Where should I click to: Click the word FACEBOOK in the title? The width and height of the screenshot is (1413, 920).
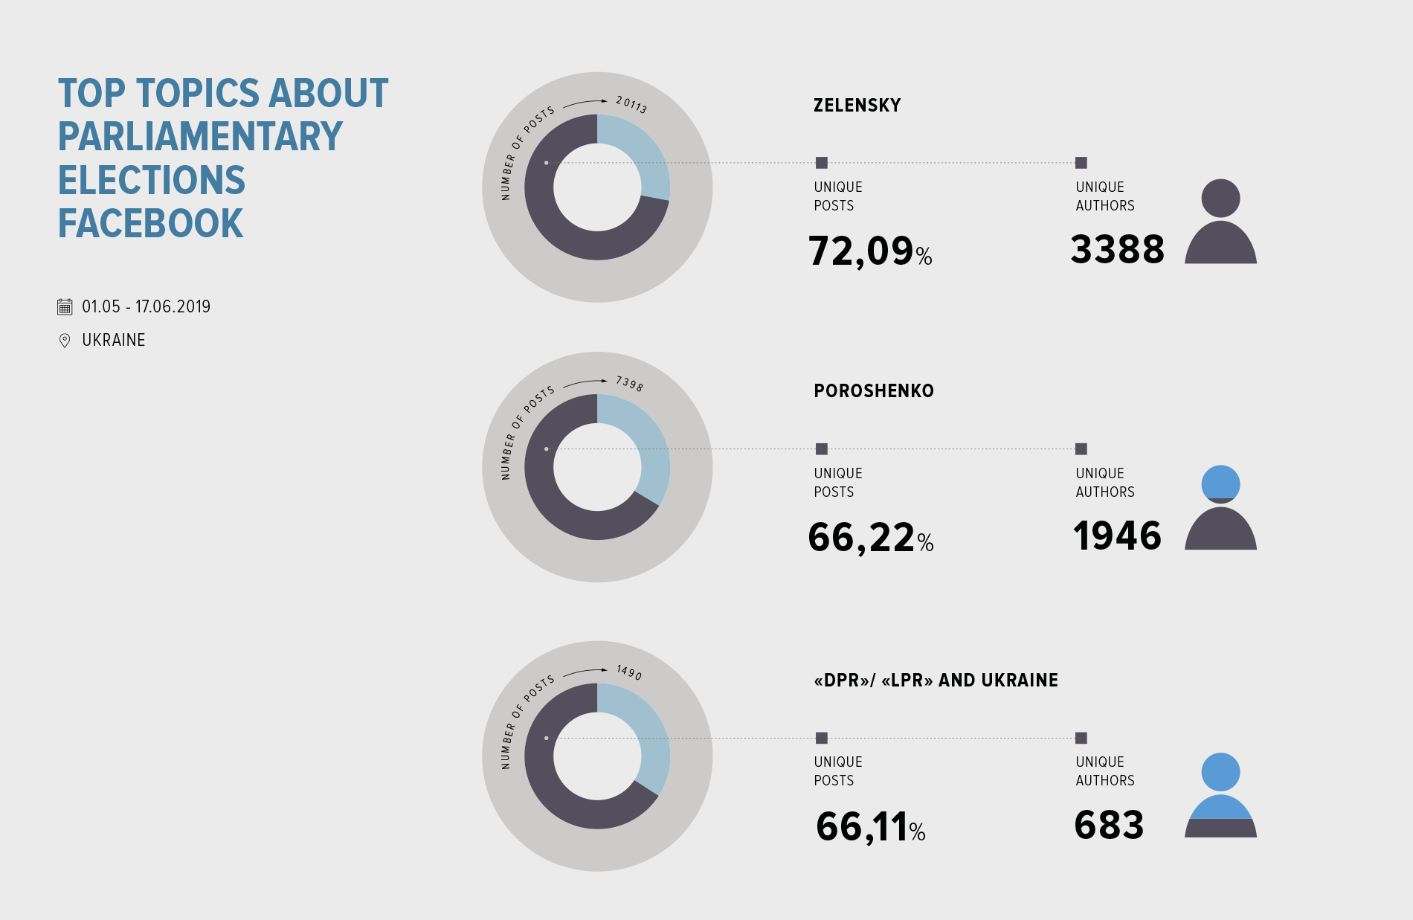point(151,223)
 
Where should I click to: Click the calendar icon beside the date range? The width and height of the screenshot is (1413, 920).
point(65,306)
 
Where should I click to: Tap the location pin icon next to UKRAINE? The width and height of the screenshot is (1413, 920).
point(65,340)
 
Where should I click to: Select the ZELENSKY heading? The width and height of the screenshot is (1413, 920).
point(857,106)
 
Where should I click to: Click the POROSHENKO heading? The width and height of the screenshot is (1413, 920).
point(873,391)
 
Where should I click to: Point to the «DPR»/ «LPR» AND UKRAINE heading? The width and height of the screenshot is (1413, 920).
point(936,681)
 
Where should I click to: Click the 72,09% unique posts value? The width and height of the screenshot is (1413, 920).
point(869,251)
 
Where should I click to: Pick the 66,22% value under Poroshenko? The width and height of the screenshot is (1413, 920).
point(869,537)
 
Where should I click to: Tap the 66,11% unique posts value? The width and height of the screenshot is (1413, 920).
point(869,826)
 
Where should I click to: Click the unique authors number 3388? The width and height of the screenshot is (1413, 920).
point(1117,249)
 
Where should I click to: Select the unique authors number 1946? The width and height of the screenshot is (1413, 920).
point(1117,535)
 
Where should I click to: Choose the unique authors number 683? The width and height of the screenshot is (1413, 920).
point(1109,825)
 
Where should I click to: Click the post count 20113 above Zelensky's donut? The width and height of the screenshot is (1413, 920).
point(631,105)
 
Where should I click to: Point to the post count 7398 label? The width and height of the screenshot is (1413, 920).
point(629,384)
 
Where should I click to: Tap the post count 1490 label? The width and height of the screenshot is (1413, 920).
point(629,672)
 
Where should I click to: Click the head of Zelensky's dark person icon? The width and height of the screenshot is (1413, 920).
point(1220,199)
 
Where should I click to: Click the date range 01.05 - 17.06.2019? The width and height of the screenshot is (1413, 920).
point(146,306)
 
